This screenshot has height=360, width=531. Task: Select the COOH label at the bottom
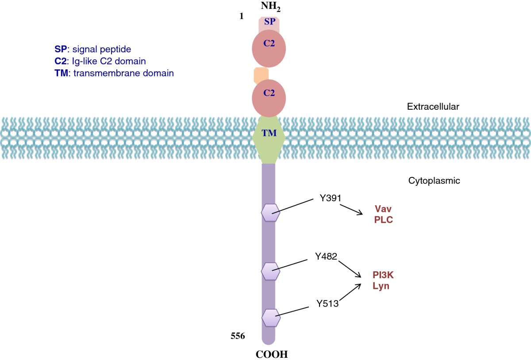pyautogui.click(x=269, y=354)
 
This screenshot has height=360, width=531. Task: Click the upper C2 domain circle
pyautogui.click(x=269, y=49)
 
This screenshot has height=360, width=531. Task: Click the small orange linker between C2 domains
pyautogui.click(x=261, y=75)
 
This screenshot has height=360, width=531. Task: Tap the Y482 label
pyautogui.click(x=327, y=256)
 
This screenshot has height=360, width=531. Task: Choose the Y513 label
pyautogui.click(x=327, y=303)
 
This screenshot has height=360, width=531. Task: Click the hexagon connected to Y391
pyautogui.click(x=270, y=213)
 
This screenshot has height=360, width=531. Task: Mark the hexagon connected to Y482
pyautogui.click(x=270, y=271)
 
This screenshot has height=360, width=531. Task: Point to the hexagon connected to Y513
pyautogui.click(x=270, y=317)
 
